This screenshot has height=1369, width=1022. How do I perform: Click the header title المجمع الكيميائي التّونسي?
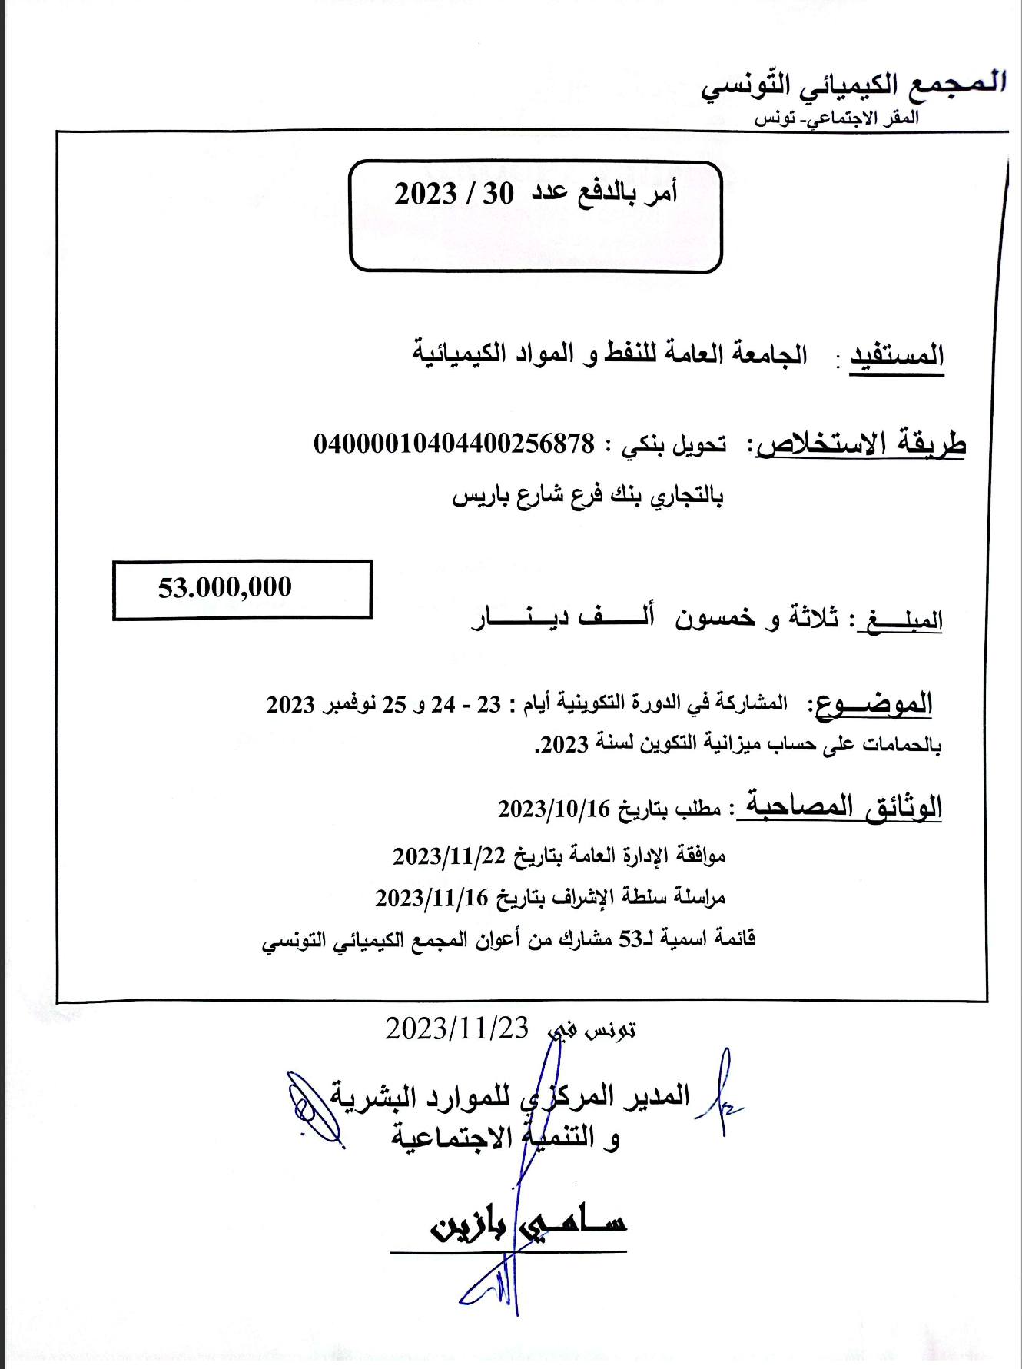(x=853, y=85)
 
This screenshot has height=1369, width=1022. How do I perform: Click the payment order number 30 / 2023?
(x=454, y=194)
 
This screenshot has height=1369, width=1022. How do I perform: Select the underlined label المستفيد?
(x=896, y=357)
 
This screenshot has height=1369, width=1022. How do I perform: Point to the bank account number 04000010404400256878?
(x=454, y=444)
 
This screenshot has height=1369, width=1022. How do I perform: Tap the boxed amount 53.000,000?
(x=225, y=588)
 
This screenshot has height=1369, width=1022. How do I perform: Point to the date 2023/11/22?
(x=449, y=856)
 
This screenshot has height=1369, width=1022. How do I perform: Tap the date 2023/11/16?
(x=431, y=897)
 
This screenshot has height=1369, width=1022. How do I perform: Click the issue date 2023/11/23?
(x=457, y=1028)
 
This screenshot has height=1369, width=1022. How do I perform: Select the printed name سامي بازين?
(x=529, y=1224)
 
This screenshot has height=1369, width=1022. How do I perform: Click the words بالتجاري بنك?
(x=666, y=497)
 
